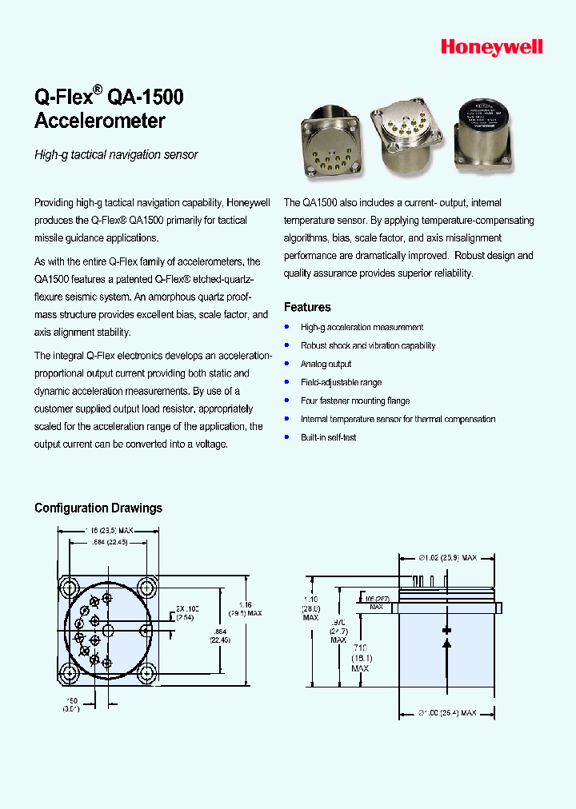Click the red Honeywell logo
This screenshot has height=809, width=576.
click(x=491, y=48)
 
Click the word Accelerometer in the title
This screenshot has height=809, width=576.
click(x=100, y=122)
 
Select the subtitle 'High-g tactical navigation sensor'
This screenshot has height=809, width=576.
click(x=116, y=155)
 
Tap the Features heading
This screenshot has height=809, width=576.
click(x=307, y=307)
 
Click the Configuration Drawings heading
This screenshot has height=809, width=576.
click(x=98, y=508)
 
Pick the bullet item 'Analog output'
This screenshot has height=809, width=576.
click(x=326, y=364)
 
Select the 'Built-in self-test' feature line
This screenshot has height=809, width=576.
click(x=328, y=437)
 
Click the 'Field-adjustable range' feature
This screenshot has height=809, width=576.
click(x=341, y=382)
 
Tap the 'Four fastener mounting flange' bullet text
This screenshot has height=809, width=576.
click(x=355, y=401)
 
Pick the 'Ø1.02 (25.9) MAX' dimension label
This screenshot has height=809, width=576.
click(x=448, y=557)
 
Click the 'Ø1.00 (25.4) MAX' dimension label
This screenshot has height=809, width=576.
click(x=448, y=712)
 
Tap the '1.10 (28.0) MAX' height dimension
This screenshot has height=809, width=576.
click(x=310, y=607)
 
